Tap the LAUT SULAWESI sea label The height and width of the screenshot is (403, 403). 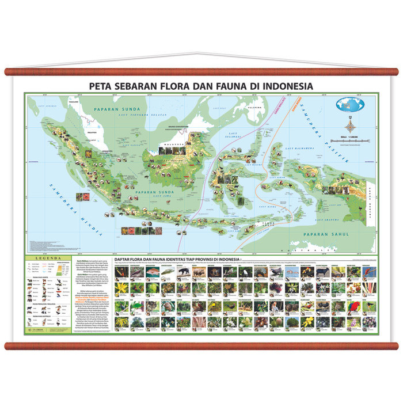click(234, 138)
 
